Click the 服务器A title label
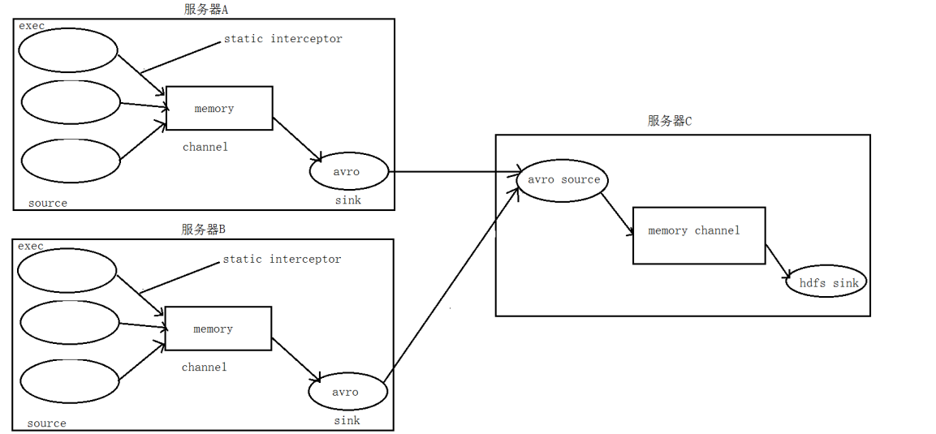pyautogui.click(x=207, y=10)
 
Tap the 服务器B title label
pyautogui.click(x=203, y=230)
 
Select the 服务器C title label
pyautogui.click(x=670, y=121)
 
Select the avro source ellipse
pyautogui.click(x=563, y=180)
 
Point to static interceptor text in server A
pyautogui.click(x=283, y=39)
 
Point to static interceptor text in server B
pyautogui.click(x=282, y=260)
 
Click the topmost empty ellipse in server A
pyautogui.click(x=68, y=51)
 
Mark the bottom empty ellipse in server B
pyautogui.click(x=68, y=380)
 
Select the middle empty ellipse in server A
pyautogui.click(x=71, y=103)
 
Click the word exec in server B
pyautogui.click(x=31, y=246)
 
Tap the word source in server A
pyautogui.click(x=48, y=203)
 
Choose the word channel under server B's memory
pyautogui.click(x=205, y=367)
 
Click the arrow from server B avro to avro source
pyautogui.click(x=451, y=284)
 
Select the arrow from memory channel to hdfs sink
pyautogui.click(x=778, y=261)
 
